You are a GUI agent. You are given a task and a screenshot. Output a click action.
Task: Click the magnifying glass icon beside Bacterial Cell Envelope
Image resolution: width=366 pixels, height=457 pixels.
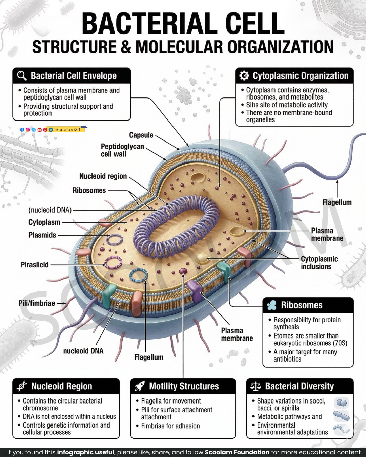click(x=22, y=76)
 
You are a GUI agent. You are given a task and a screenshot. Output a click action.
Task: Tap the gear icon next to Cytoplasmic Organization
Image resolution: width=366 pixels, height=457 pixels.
click(x=244, y=76)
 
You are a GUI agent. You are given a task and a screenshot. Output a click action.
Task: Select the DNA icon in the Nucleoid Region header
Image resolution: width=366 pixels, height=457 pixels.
click(x=22, y=386)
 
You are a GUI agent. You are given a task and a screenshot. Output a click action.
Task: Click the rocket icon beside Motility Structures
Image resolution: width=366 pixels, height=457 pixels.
click(x=140, y=386)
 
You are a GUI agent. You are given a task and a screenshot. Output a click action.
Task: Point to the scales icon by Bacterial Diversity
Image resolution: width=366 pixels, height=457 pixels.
click(x=256, y=386)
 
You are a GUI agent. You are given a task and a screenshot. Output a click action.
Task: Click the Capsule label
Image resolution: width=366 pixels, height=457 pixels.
click(x=141, y=135)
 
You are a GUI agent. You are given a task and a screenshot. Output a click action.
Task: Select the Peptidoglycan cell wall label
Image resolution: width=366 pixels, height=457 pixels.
click(x=122, y=150)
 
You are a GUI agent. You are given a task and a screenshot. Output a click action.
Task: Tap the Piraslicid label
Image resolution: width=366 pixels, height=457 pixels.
click(x=35, y=265)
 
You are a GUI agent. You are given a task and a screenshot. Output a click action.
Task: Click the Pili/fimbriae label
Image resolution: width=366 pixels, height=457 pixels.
click(x=37, y=303)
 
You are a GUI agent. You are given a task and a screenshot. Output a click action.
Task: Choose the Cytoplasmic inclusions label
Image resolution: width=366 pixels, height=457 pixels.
click(x=319, y=263)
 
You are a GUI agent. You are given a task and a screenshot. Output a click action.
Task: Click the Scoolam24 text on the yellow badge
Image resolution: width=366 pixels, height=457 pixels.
click(x=68, y=129)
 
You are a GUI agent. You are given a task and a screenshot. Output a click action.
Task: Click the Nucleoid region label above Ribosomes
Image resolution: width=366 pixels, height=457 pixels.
click(x=103, y=176)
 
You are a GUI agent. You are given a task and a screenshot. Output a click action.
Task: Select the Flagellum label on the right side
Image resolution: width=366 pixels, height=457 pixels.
click(x=337, y=202)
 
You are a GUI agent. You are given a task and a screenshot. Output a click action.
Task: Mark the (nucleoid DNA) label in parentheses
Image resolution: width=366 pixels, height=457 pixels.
click(x=50, y=210)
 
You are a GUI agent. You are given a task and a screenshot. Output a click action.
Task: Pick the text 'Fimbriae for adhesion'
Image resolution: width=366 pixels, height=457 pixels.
click(x=170, y=426)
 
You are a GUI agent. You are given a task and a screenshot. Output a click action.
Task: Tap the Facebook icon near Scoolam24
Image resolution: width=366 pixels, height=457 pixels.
click(x=22, y=130)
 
